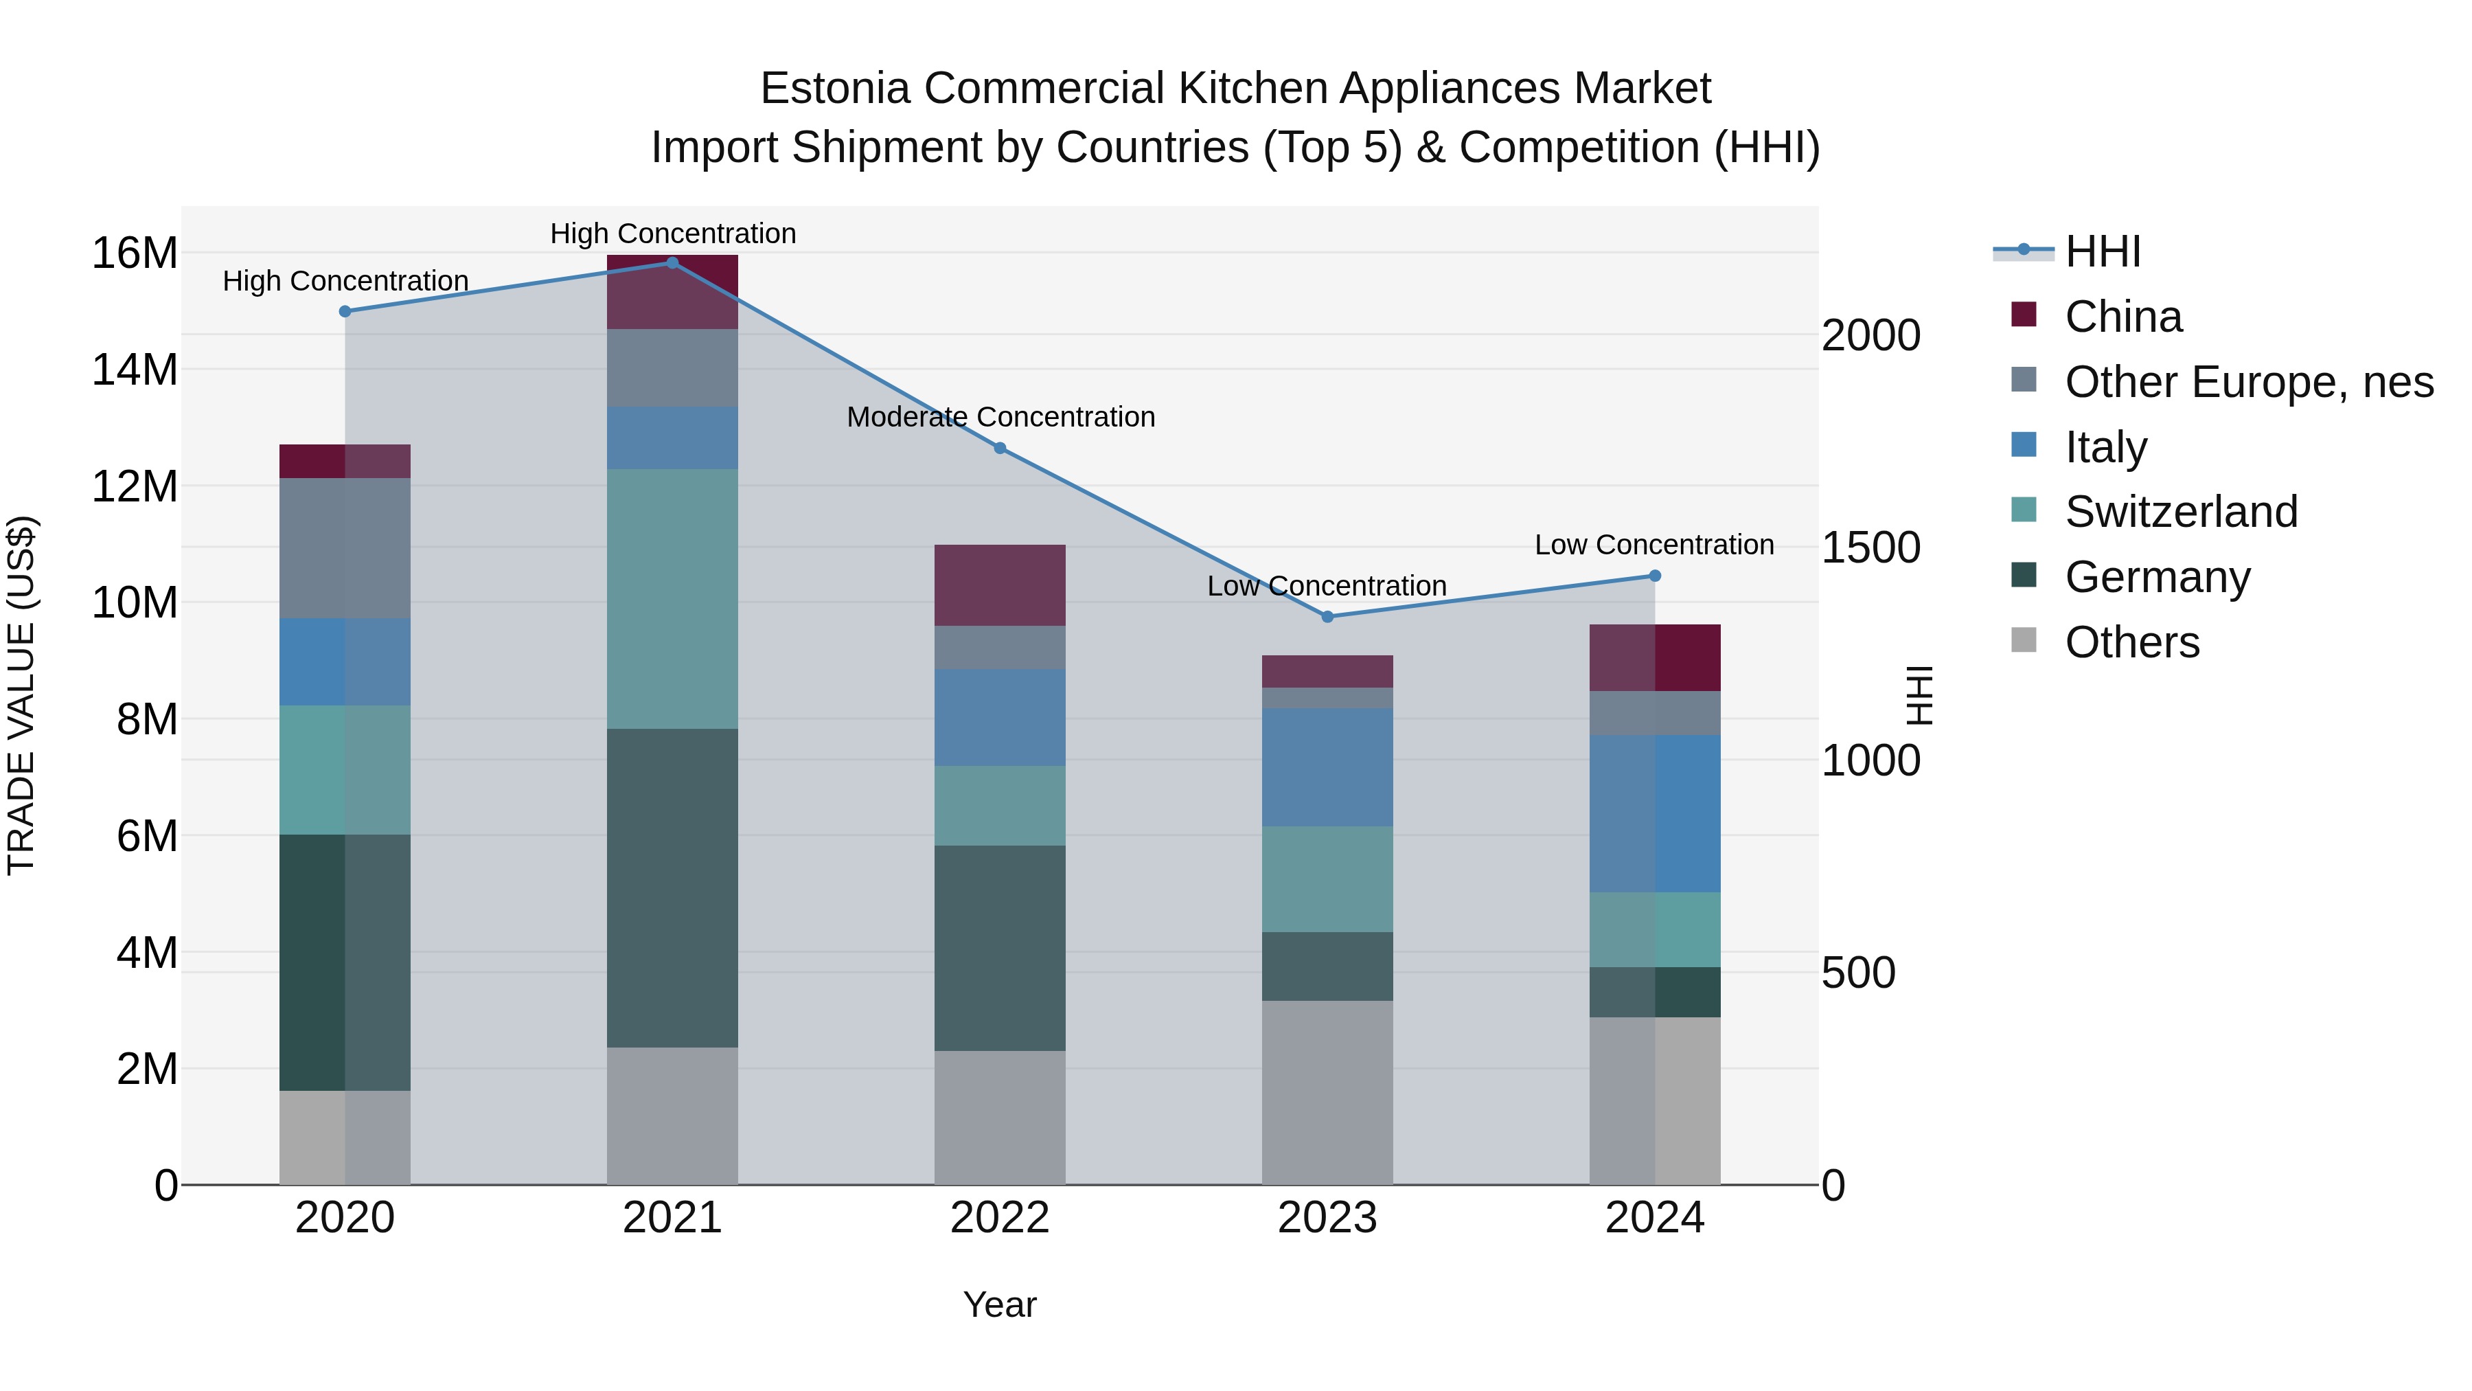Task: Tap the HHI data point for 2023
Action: point(1327,616)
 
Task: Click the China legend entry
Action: point(2122,317)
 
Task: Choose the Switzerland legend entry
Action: point(2180,512)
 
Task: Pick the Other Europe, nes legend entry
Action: point(2248,382)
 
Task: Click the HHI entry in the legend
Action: point(2102,251)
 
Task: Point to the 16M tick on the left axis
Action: point(135,254)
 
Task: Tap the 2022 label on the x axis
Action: point(1000,1218)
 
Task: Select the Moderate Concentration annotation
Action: point(1000,418)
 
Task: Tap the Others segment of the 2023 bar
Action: point(1327,1092)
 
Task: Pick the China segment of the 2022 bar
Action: point(1000,585)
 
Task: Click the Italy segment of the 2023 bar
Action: point(1327,767)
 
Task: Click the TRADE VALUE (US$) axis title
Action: point(22,695)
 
